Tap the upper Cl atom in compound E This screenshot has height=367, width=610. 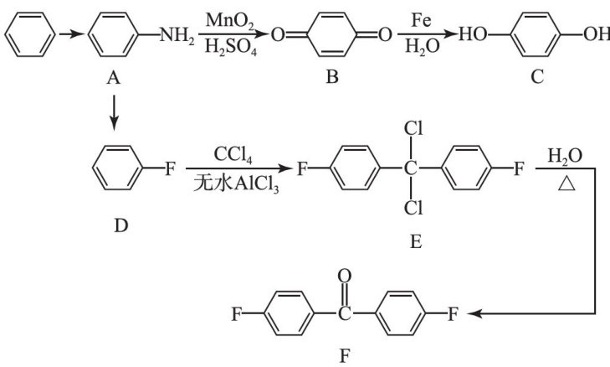coord(411,130)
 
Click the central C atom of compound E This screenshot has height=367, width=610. coord(410,170)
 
